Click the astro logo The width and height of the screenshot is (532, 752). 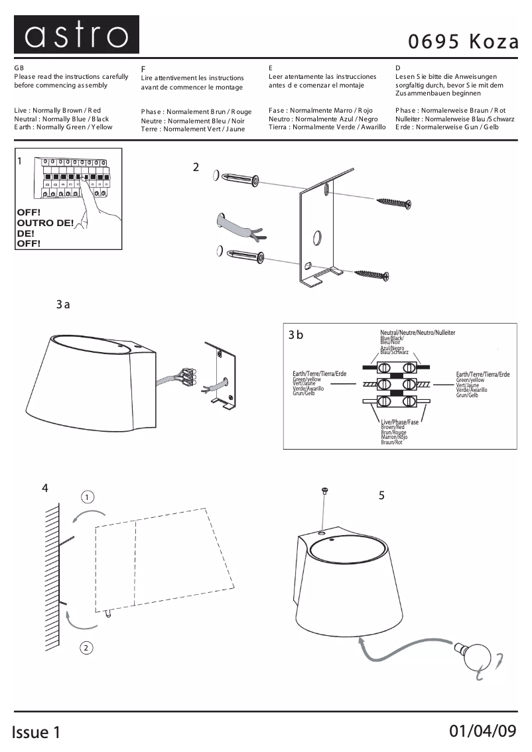coord(76,35)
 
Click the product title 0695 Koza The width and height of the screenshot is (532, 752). coord(463,42)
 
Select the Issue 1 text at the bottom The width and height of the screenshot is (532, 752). coord(36,732)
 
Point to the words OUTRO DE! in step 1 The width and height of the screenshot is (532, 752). coord(45,223)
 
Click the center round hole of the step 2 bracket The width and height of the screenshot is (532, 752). coord(317,236)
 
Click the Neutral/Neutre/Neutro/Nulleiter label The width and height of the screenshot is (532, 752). coord(417,332)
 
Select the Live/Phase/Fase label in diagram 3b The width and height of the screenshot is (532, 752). coord(399,422)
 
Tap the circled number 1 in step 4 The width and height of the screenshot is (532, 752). coord(88,497)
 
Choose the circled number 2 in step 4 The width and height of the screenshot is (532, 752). coord(86,648)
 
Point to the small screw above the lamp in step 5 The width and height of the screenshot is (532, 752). coord(325,491)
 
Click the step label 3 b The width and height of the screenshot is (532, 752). coord(296,335)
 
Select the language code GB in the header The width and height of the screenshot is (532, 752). coord(19,68)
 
